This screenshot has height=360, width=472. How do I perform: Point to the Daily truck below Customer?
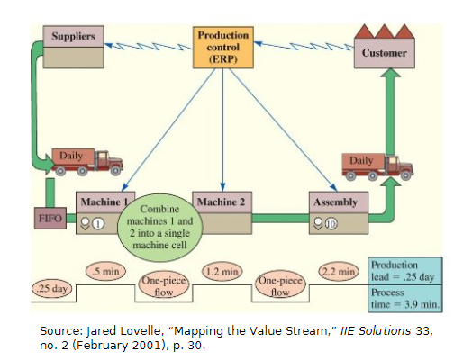coord(378,166)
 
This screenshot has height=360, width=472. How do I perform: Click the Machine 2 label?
coord(220,201)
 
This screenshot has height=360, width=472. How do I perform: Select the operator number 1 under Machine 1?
coord(99,223)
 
